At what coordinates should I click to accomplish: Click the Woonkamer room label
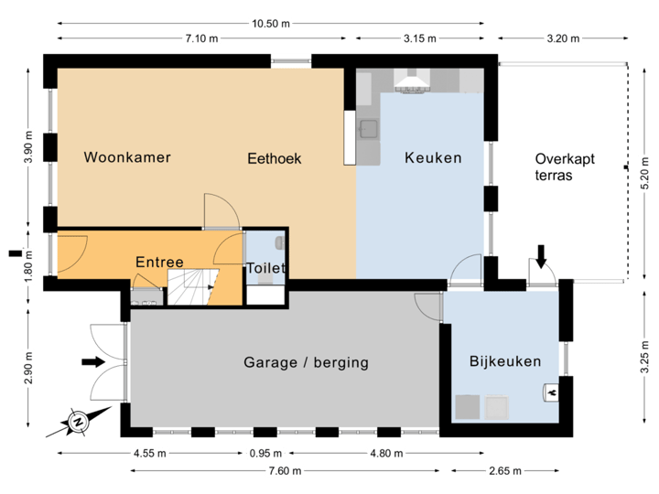point(127,157)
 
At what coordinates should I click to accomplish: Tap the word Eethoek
point(274,158)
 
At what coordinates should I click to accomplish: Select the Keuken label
point(433,157)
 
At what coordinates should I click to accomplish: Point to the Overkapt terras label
point(565,166)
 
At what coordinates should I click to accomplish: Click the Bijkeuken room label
point(505,361)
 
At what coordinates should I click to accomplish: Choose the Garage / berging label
point(306,362)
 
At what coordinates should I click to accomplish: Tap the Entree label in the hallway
point(159,263)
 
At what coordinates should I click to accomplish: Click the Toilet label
point(266,268)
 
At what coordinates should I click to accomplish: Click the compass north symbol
point(79,422)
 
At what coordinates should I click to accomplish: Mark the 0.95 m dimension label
point(263,452)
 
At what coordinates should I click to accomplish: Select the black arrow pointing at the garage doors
point(93,361)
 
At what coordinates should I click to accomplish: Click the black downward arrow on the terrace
point(541,256)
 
